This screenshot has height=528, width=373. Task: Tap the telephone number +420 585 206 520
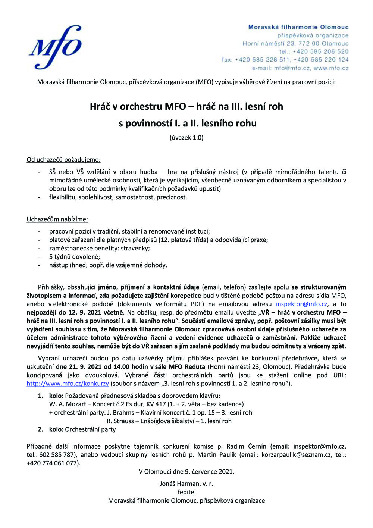tap(320, 51)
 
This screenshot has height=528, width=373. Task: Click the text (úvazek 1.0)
tap(186, 137)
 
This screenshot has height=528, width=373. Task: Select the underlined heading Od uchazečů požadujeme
tap(63, 160)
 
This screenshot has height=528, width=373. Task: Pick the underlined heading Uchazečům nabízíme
tap(57, 219)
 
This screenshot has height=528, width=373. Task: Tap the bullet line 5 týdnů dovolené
tap(69, 257)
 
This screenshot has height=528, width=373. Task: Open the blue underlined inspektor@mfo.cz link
tap(301, 304)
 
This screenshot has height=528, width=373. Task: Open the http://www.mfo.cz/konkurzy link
tap(68, 384)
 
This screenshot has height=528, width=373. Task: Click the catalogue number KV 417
tap(155, 404)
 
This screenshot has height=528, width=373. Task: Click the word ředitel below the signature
tap(186, 492)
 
